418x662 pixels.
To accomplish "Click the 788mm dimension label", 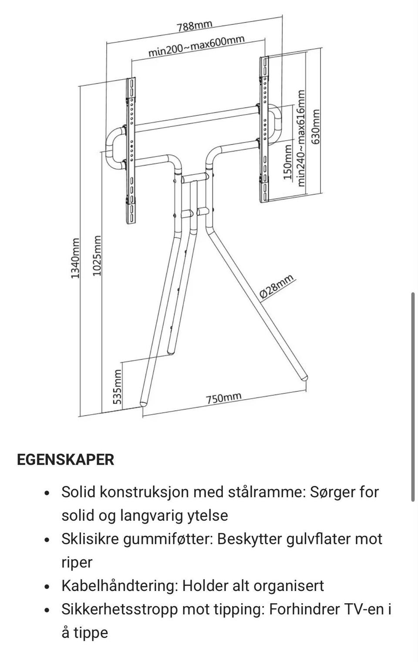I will (x=195, y=25).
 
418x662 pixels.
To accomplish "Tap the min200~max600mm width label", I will (x=196, y=46).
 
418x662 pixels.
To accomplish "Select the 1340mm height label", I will (x=75, y=258).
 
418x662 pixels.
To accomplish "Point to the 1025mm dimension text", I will (x=97, y=256).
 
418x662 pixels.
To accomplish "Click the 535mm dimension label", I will (x=117, y=387).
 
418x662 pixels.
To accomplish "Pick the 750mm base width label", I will (x=223, y=398).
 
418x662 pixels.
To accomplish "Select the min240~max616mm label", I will (x=301, y=138).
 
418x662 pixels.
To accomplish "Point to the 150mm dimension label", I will (x=287, y=163).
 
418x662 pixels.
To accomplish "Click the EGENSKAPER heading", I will (x=65, y=460).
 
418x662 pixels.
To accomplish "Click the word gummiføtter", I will (x=168, y=539).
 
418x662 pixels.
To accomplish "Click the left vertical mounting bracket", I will (x=131, y=150).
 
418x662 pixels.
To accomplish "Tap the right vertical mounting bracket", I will (x=263, y=129).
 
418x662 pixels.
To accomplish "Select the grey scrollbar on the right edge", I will (x=412, y=397).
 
